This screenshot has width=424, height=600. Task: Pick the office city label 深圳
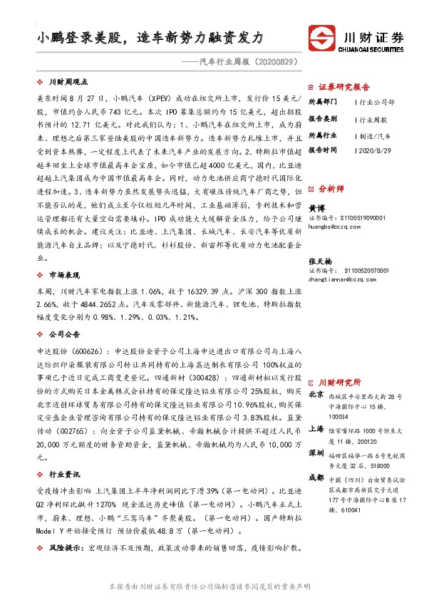[316, 454]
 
